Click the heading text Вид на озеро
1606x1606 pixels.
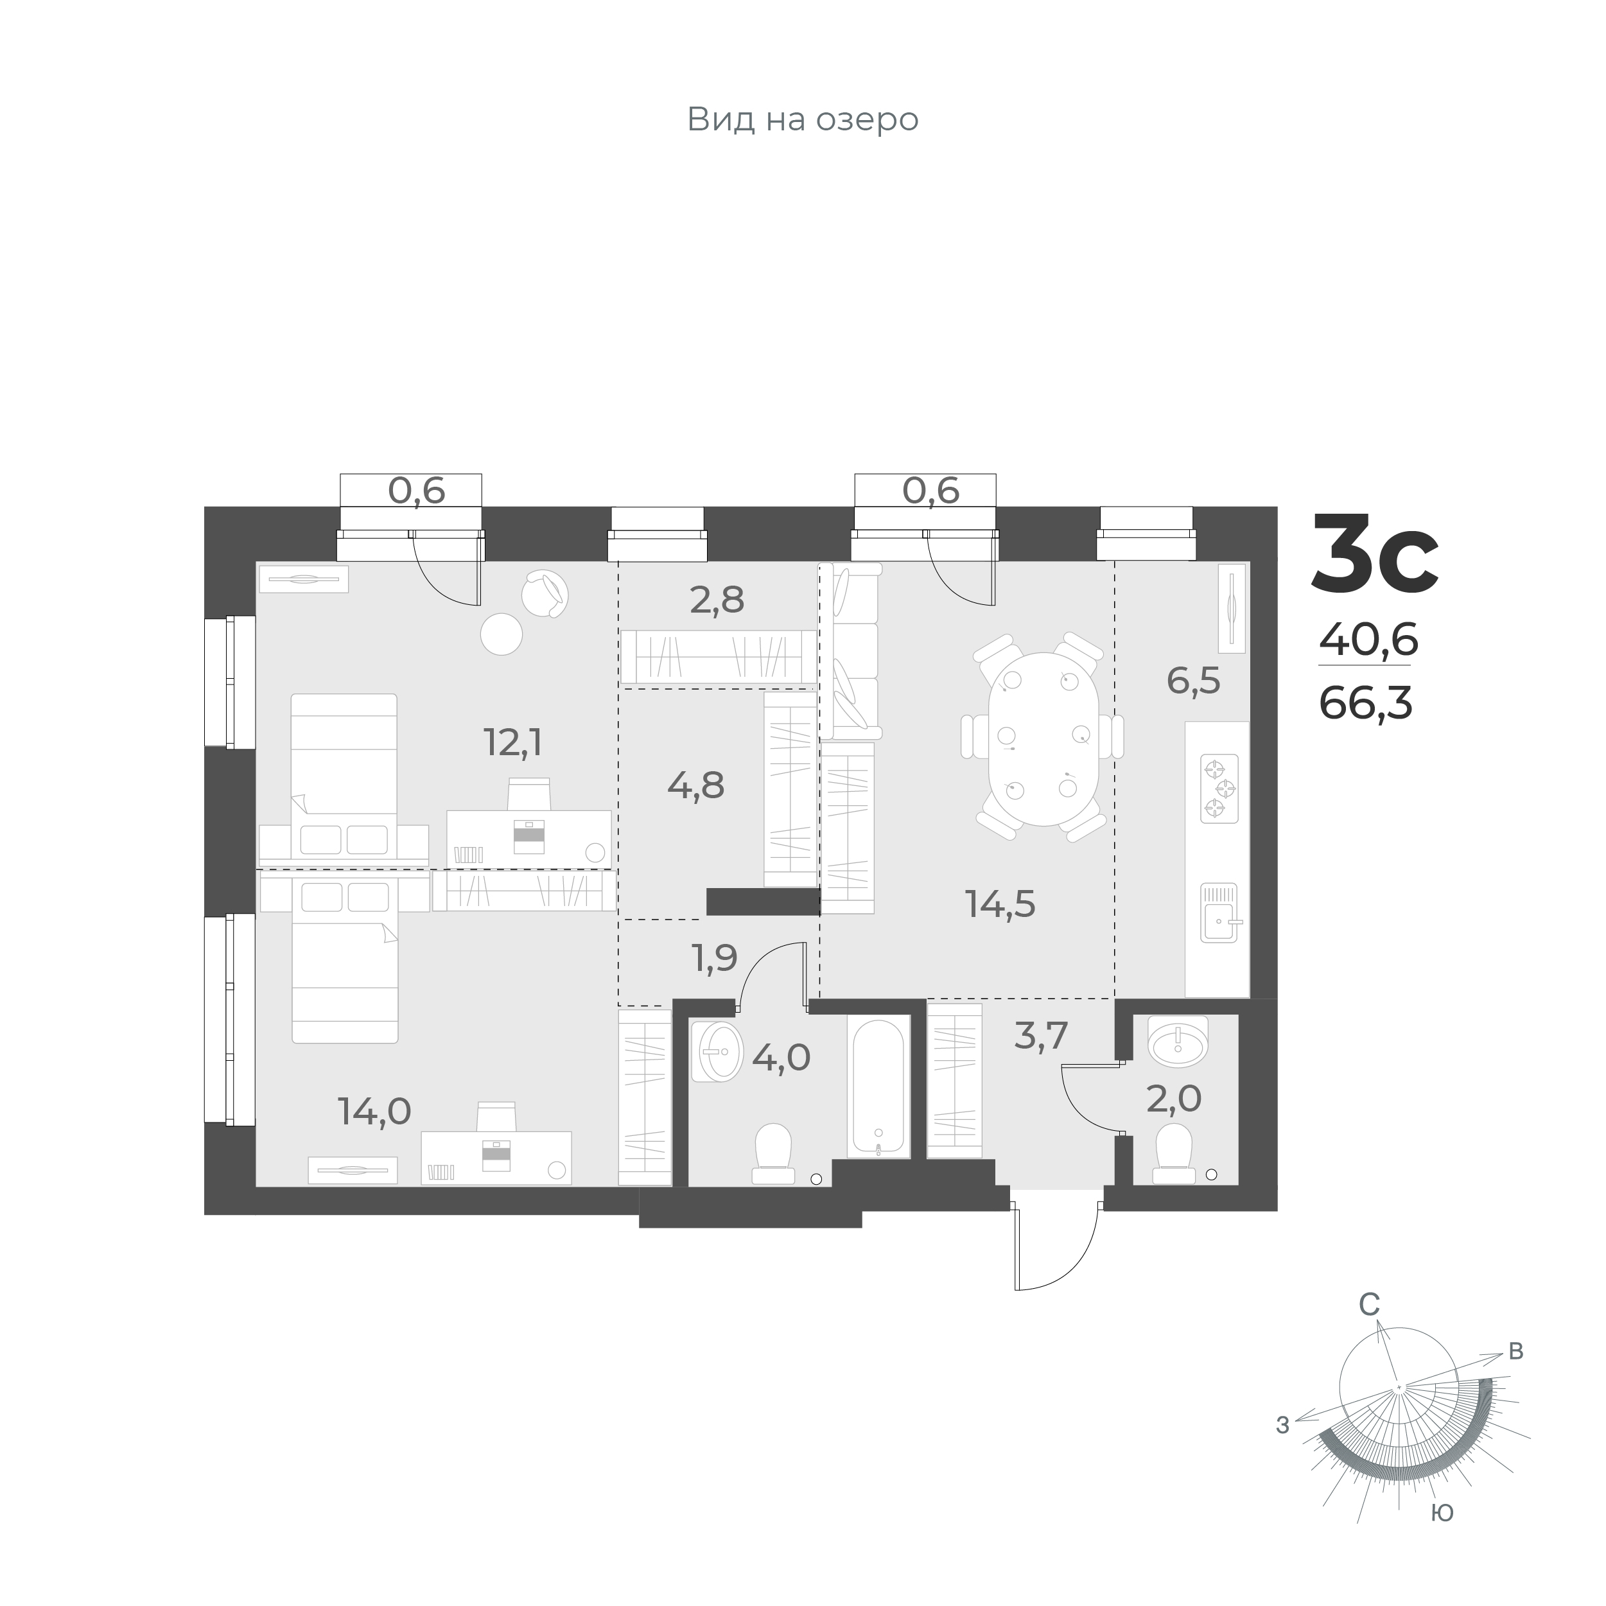pos(802,119)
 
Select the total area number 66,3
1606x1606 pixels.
pos(1366,705)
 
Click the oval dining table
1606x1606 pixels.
pos(1043,739)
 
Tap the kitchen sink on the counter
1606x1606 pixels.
pos(1219,912)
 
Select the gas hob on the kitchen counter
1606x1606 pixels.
pos(1219,789)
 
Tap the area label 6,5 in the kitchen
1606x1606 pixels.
pos(1194,682)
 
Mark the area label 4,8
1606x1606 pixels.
pos(696,785)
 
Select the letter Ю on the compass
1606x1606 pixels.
pos(1442,1514)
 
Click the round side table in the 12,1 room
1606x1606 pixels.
pos(502,633)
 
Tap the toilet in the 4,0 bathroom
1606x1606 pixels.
pos(772,1153)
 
